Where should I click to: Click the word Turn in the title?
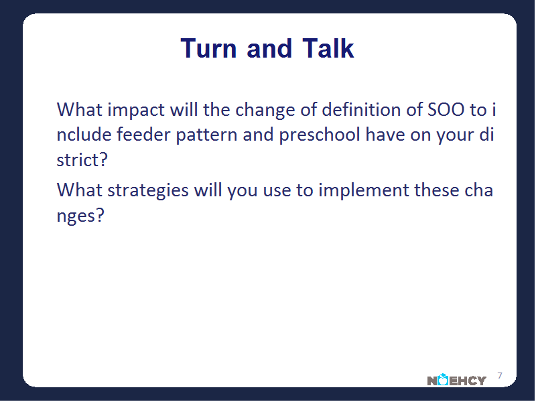[208, 48]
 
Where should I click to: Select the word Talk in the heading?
[328, 48]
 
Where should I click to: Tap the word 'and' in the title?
[269, 48]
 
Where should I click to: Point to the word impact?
[136, 111]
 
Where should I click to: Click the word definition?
[361, 110]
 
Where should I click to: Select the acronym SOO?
[446, 110]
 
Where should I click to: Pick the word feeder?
[143, 135]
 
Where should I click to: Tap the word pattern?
[206, 136]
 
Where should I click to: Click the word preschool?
[320, 136]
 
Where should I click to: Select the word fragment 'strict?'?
[82, 159]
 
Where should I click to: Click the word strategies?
[148, 191]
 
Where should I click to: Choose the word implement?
[364, 191]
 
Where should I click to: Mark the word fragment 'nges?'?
[80, 216]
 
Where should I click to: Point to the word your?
[450, 137]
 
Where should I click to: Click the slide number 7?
[500, 376]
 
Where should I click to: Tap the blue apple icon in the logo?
[443, 379]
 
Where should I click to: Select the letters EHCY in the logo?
[467, 381]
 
